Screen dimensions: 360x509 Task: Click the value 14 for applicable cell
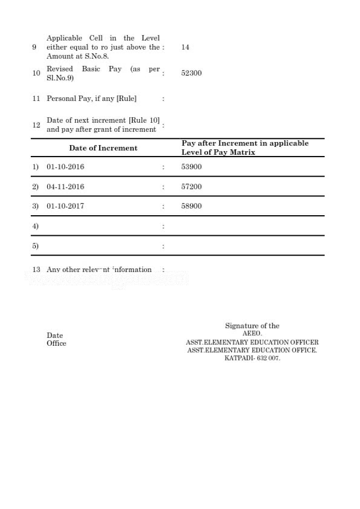(185, 47)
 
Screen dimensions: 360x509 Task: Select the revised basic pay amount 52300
(191, 73)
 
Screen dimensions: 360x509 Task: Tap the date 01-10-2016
(65, 167)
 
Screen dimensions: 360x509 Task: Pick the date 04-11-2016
(65, 187)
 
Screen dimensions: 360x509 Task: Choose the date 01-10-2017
(65, 206)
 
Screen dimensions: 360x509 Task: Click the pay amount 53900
(191, 167)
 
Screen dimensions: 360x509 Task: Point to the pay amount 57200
(191, 187)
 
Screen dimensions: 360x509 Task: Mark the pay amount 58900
(191, 206)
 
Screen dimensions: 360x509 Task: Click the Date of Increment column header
(103, 148)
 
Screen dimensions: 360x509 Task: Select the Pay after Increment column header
(244, 148)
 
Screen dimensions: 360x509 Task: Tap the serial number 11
(36, 99)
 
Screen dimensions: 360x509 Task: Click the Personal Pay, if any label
(91, 99)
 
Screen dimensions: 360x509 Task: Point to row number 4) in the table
(35, 226)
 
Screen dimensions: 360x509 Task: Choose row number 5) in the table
(35, 246)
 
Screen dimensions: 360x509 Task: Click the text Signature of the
(252, 326)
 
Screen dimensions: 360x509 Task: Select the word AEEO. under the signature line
(252, 334)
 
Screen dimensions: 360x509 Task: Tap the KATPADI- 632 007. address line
(252, 358)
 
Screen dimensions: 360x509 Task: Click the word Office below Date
(56, 343)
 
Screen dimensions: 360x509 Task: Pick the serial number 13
(36, 270)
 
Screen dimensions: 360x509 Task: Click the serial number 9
(34, 47)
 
